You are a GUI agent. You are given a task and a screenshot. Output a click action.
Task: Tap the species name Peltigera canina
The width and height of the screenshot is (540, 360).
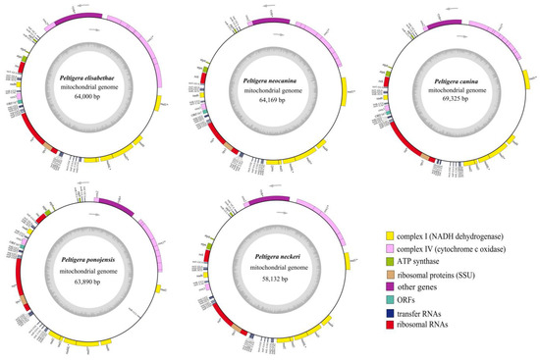click(453, 77)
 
